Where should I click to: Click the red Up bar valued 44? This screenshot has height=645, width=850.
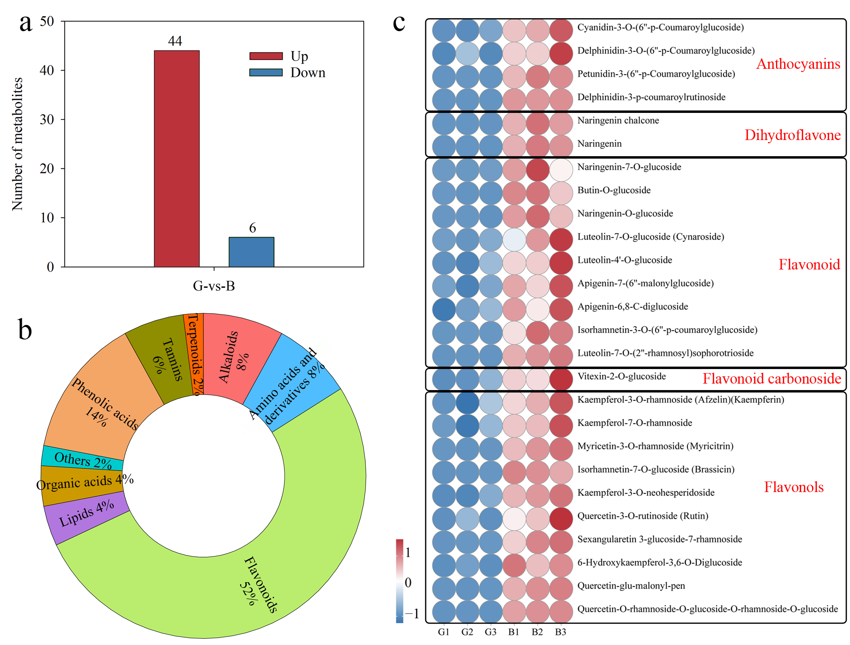176,159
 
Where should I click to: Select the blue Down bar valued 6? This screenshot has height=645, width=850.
251,252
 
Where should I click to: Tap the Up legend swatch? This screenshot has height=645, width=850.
266,56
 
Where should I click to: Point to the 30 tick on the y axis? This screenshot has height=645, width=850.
47,119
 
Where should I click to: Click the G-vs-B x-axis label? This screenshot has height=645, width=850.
214,286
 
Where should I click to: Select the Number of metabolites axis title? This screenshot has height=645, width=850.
17,144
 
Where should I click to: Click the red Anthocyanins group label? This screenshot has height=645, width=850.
798,64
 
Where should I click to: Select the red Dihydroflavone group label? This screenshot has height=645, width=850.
792,135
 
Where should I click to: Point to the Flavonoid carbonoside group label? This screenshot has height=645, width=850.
772,379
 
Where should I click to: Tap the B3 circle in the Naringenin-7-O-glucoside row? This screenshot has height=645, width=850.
561,170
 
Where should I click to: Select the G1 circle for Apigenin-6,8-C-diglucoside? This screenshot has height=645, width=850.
444,310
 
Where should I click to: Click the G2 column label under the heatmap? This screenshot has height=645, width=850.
467,632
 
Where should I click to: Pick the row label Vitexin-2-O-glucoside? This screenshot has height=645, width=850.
621,376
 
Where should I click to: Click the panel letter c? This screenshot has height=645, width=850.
399,23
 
